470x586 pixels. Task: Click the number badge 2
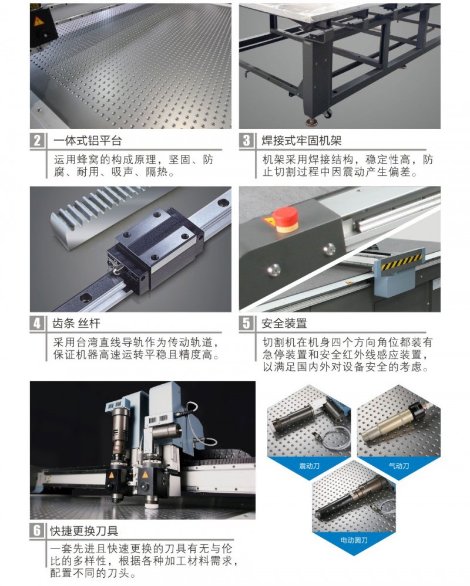coord(38,141)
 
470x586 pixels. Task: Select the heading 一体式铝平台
coord(88,141)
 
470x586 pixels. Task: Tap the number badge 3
coord(247,141)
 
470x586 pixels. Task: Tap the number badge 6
coord(38,531)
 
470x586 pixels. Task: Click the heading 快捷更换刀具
coord(85,531)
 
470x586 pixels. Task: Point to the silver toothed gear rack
coord(94,211)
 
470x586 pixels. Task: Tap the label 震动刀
coord(309,466)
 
